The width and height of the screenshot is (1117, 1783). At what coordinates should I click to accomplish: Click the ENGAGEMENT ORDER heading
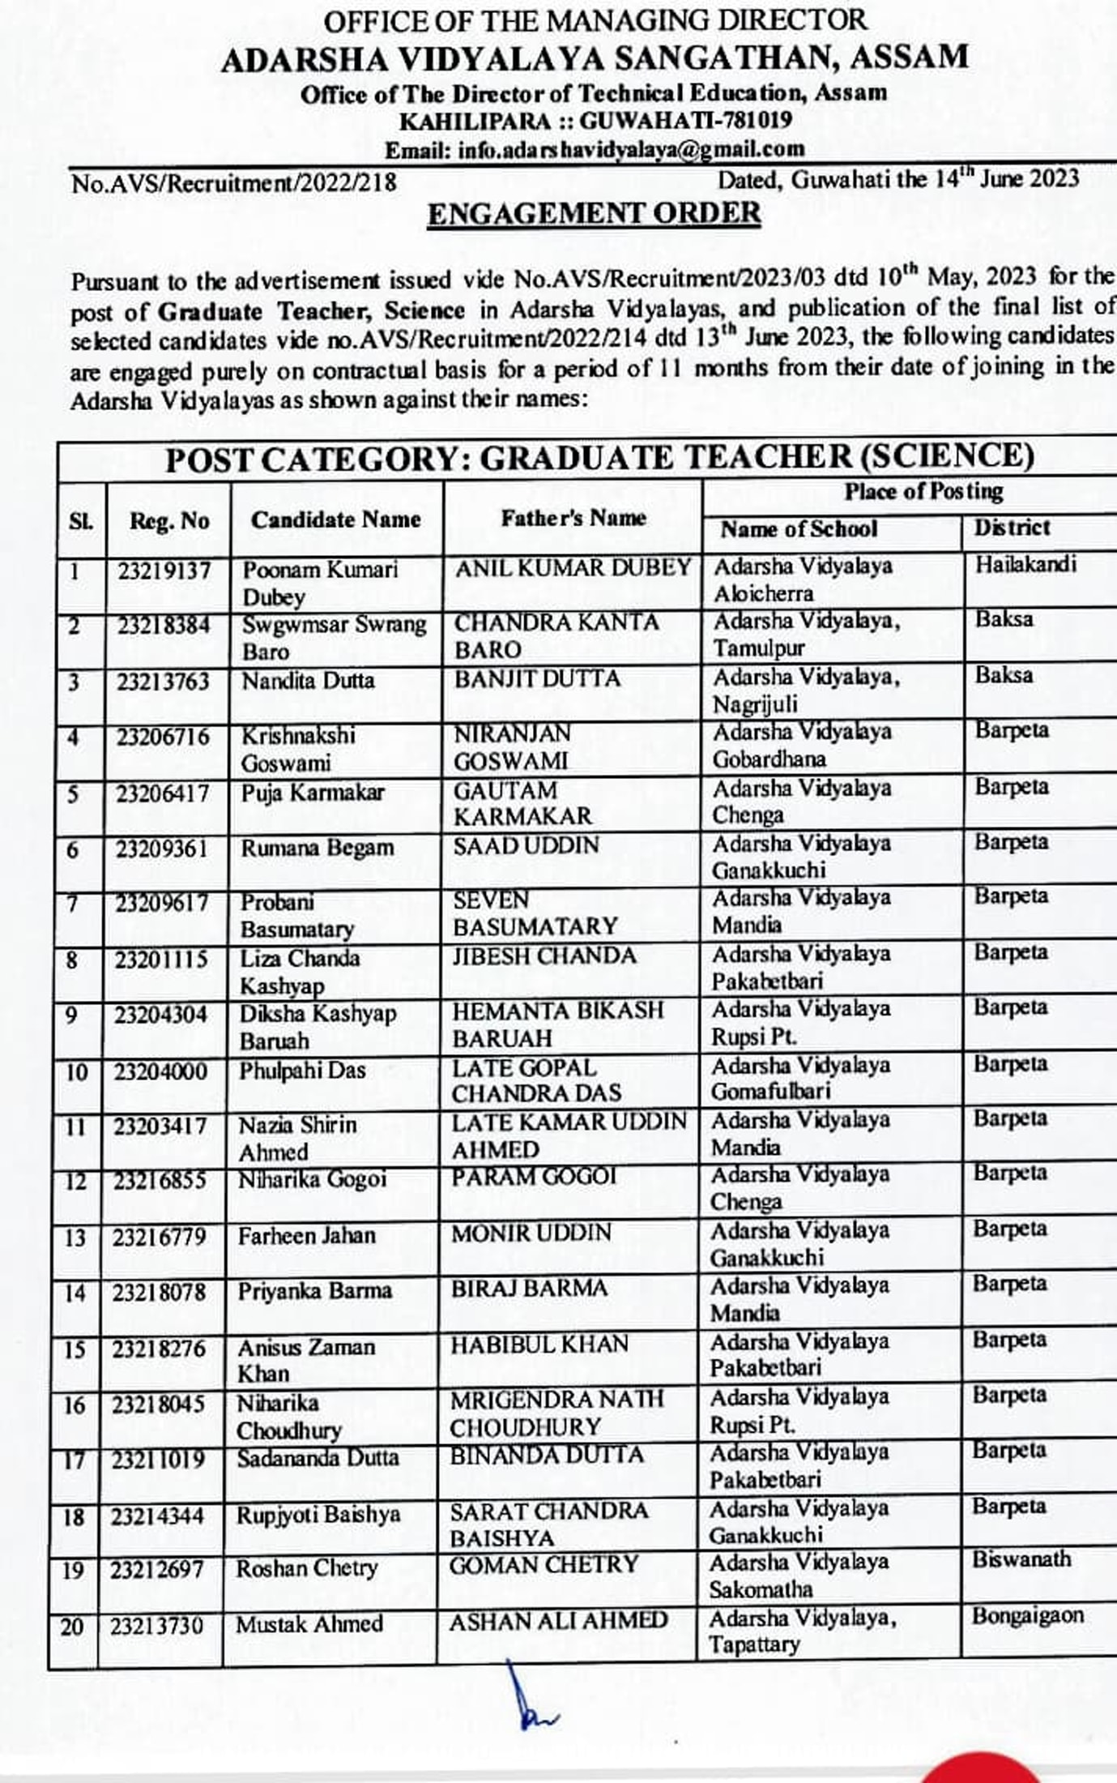594,213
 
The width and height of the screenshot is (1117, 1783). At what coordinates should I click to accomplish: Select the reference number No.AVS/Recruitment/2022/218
234,183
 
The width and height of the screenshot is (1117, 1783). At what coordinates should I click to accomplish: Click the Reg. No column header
169,520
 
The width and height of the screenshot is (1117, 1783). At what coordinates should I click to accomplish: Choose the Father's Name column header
573,518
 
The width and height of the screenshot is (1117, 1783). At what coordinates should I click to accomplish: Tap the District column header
1012,528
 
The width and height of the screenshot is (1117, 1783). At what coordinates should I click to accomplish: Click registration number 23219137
164,571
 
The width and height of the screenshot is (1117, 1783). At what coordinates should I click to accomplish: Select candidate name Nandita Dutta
309,680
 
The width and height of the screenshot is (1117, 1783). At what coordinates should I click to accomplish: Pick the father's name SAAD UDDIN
526,845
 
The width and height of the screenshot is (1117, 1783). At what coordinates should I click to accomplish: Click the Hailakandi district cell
1025,564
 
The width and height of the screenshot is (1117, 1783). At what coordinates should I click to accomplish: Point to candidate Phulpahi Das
302,1071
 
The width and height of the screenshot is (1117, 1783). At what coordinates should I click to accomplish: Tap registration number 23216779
160,1238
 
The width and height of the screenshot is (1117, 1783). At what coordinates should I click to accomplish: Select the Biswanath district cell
1021,1559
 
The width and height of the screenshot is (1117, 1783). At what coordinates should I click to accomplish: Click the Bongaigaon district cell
1027,1615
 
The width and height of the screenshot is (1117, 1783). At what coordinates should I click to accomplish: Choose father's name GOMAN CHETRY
544,1564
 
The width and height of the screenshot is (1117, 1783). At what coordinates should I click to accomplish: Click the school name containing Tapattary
802,1631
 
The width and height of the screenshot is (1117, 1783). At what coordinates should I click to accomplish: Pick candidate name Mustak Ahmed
309,1624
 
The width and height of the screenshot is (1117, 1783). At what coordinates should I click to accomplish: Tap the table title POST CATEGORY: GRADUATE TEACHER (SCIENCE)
599,458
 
